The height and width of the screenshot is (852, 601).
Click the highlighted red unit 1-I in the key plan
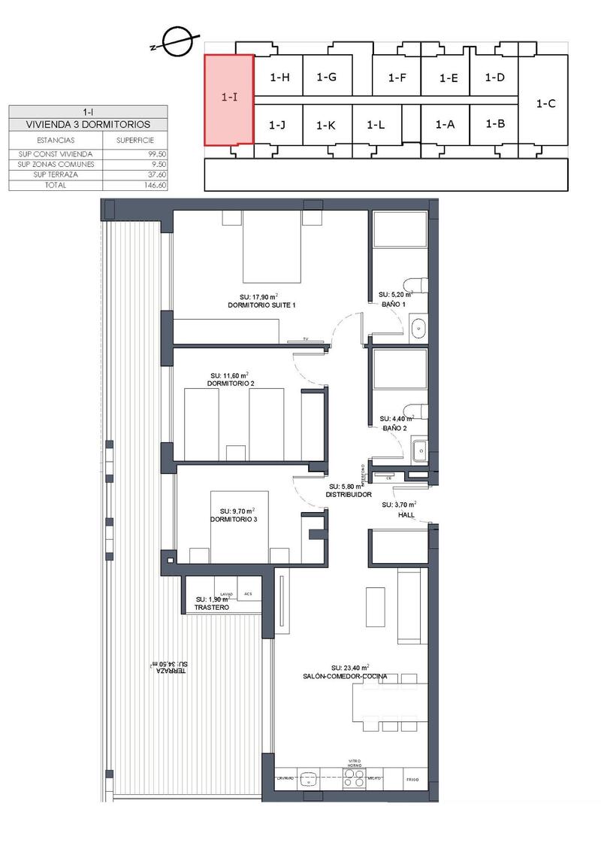pos(228,98)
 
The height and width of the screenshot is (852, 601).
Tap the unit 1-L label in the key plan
pos(376,126)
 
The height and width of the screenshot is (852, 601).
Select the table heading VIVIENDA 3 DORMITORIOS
pos(88,124)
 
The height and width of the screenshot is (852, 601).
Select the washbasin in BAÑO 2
pos(418,450)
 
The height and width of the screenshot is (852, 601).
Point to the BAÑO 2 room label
pos(394,428)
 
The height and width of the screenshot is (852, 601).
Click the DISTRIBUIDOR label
pos(349,496)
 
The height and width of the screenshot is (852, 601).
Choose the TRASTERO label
pos(211,606)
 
